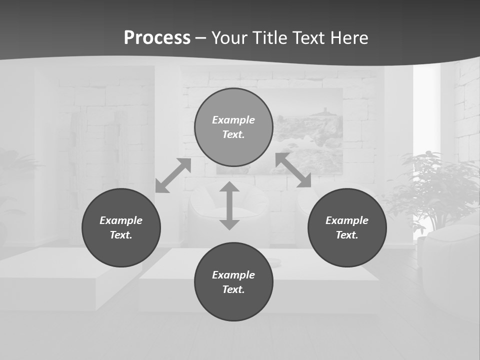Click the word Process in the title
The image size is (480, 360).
157,38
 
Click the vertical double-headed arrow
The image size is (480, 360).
229,205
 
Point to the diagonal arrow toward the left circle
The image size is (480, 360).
173,175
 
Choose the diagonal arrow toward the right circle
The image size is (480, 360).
293,170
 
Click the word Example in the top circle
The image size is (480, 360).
233,120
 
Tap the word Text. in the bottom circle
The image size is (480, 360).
233,289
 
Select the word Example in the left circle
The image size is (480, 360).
121,220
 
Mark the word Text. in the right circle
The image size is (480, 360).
347,235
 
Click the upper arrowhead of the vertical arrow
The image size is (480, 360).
229,187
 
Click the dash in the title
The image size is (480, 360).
201,38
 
